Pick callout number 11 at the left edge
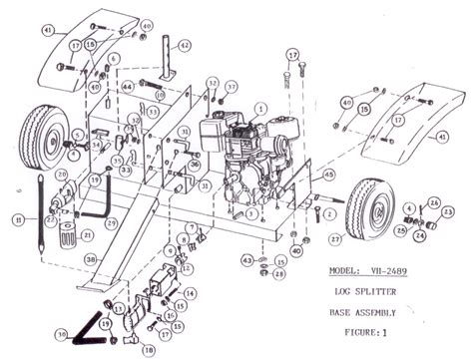pos(18,218)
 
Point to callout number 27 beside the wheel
pos(334,239)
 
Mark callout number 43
pos(245,260)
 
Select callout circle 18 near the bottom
pos(150,350)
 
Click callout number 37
pos(232,87)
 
